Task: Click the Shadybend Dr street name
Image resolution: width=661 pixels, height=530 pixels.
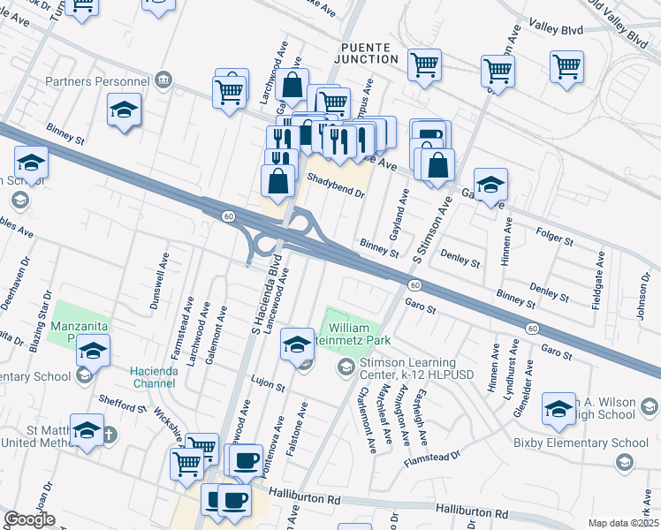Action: coord(336,178)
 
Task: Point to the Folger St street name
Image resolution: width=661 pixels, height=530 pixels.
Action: coord(555,236)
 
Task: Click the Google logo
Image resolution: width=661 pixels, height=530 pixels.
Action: coord(29,519)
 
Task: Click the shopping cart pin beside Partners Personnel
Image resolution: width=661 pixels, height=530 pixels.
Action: coord(229,90)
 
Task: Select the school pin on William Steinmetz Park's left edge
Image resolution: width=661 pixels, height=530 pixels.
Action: coord(298,344)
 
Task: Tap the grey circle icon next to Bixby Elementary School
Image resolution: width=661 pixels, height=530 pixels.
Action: coord(625,462)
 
